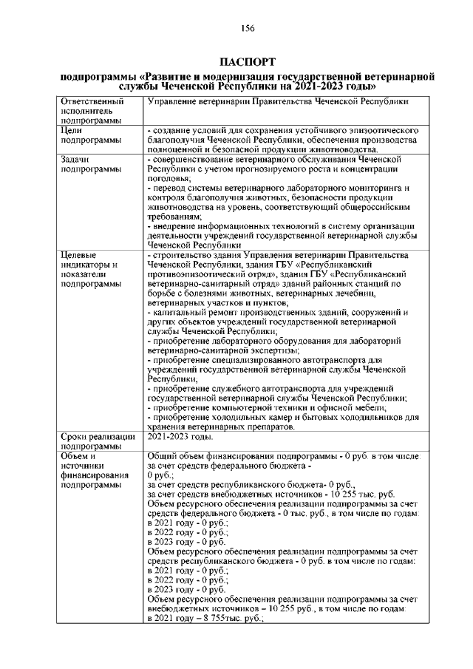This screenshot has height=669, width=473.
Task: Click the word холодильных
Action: coord(247,418)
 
